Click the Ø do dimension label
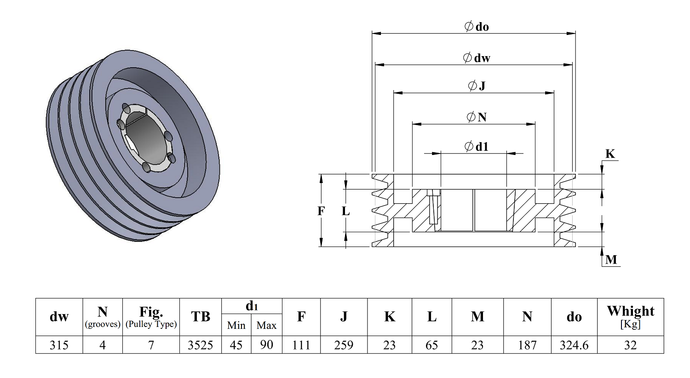click(x=477, y=27)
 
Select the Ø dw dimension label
click(x=477, y=57)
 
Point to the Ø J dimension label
click(x=477, y=86)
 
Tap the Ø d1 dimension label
click(x=477, y=147)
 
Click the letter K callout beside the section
click(x=610, y=154)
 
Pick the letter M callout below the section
click(x=611, y=260)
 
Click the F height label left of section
click(x=321, y=211)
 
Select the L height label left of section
click(x=345, y=211)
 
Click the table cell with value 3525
click(x=200, y=345)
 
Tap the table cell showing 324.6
click(x=574, y=345)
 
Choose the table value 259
click(x=344, y=345)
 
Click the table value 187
click(x=527, y=345)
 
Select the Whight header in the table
click(x=630, y=311)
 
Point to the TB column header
click(x=200, y=316)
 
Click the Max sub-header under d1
click(x=266, y=325)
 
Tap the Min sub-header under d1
click(x=236, y=325)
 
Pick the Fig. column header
click(x=151, y=312)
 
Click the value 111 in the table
click(x=301, y=345)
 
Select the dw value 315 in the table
click(x=59, y=345)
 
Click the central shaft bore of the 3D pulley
click(x=145, y=138)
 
